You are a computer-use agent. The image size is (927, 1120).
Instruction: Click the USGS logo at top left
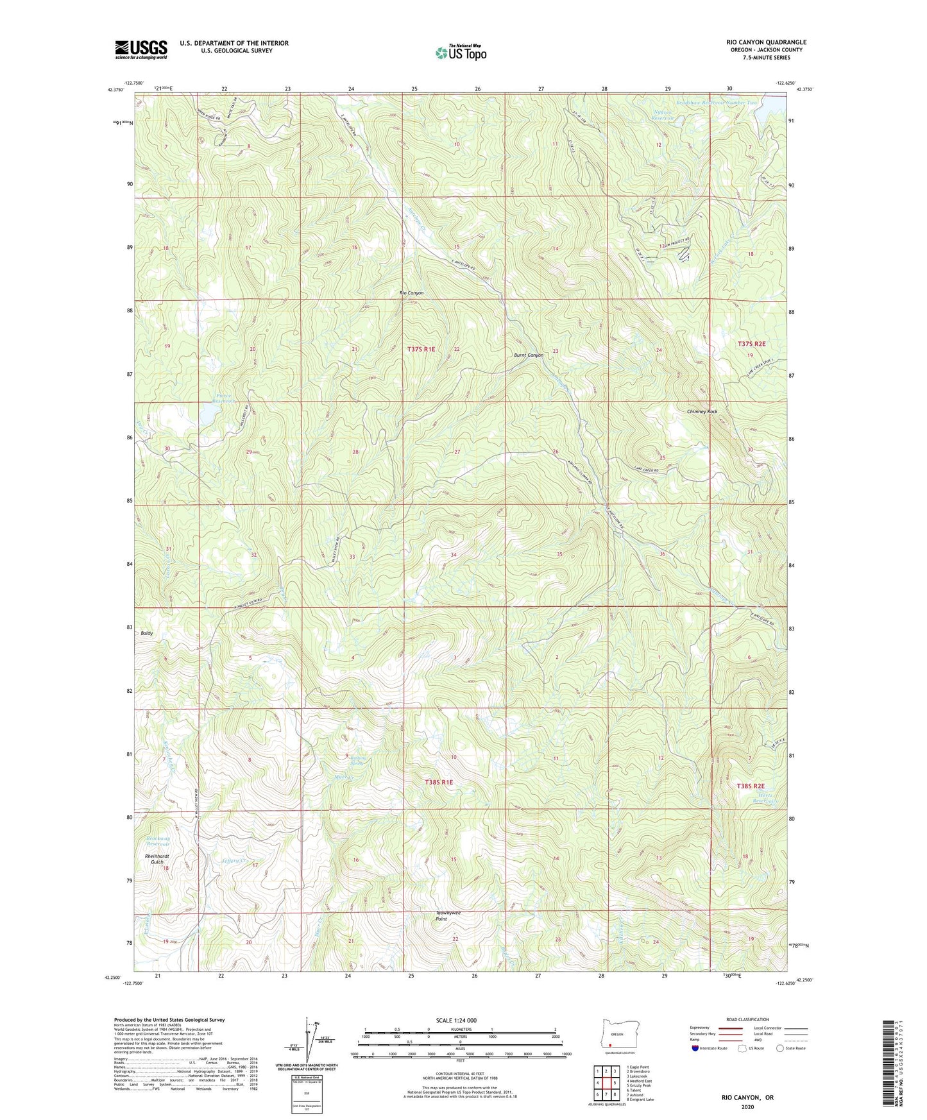coord(141,49)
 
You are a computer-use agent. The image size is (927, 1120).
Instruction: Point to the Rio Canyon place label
coord(411,293)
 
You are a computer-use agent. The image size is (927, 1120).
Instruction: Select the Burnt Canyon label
coord(528,355)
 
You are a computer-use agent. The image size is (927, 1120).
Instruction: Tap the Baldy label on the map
coord(147,633)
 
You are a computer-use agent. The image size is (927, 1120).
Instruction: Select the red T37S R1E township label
coord(421,349)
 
